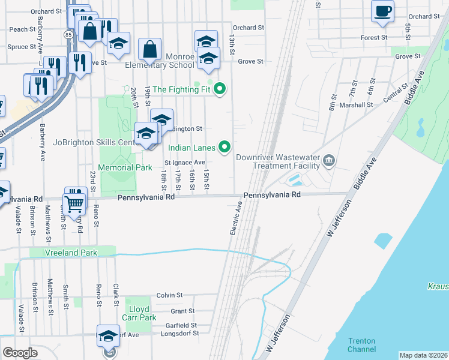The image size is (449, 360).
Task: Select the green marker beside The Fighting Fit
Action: click(x=220, y=89)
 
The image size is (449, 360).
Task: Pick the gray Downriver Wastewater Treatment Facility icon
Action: click(x=329, y=160)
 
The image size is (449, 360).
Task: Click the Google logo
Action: click(x=20, y=353)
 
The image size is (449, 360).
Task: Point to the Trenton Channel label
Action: click(x=361, y=345)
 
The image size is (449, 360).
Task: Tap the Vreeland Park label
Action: click(x=71, y=253)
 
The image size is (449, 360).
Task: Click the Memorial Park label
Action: click(x=125, y=168)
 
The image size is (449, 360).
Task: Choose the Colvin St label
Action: click(x=169, y=295)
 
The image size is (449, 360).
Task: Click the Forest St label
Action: click(x=374, y=38)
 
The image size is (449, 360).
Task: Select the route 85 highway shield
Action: click(x=67, y=35)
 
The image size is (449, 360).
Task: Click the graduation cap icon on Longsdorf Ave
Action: click(x=109, y=337)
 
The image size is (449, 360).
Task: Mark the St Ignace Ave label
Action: click(x=185, y=163)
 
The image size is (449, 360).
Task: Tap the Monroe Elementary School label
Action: click(x=159, y=61)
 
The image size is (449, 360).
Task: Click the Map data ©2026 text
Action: click(x=423, y=355)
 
